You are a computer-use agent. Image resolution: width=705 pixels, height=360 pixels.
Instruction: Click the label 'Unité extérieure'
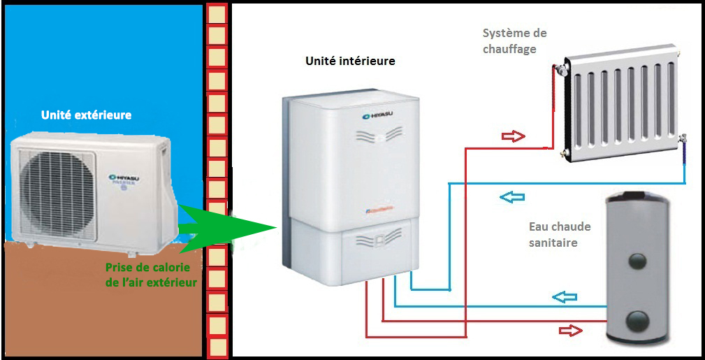coord(86,115)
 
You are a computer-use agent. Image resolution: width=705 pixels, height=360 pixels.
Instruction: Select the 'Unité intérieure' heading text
coord(350,61)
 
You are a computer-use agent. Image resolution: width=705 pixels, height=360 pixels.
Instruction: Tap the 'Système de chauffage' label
coord(514,41)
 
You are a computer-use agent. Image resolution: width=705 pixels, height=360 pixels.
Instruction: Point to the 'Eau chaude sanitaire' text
coord(559,234)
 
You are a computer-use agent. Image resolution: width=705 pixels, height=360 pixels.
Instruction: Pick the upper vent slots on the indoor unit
coord(377,134)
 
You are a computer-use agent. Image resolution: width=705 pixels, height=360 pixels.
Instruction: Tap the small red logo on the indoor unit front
coord(378,208)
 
